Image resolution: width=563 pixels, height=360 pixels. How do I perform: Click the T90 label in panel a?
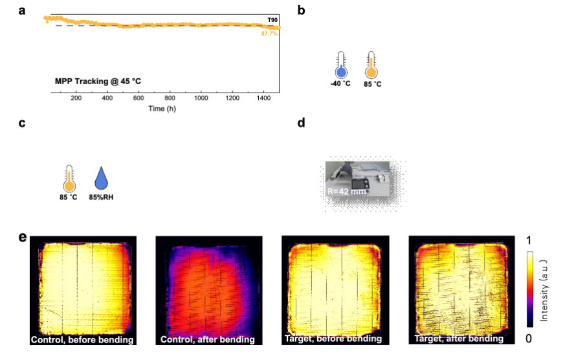[x=272, y=20]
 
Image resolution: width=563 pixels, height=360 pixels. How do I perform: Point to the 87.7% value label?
[x=269, y=33]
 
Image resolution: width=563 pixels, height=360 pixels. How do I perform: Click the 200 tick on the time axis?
[x=76, y=98]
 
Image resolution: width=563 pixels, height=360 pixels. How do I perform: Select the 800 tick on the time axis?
[x=170, y=98]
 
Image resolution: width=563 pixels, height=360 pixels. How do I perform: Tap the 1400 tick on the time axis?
[x=263, y=98]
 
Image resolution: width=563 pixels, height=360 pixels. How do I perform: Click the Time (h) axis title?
[x=162, y=108]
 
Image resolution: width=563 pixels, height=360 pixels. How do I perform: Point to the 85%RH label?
[x=100, y=196]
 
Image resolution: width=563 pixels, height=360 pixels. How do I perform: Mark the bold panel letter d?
[x=300, y=122]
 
